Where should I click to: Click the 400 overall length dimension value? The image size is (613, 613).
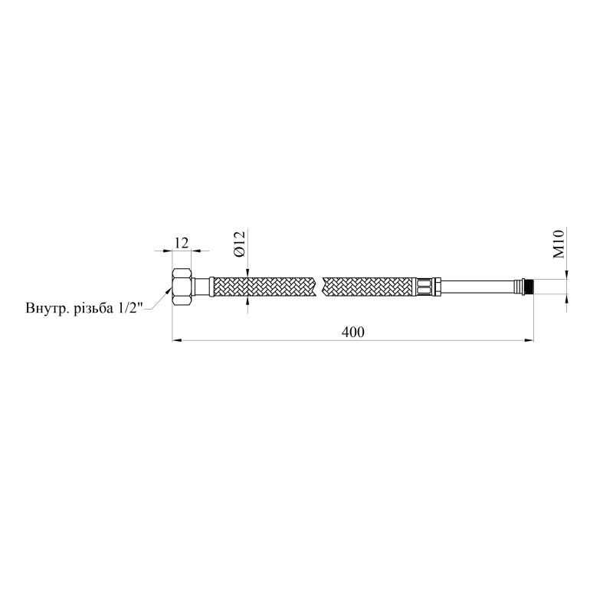point(352,332)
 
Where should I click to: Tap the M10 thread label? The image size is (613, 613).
point(559,244)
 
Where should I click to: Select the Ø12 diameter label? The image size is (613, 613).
point(239,244)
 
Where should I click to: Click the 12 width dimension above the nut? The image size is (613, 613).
point(182,243)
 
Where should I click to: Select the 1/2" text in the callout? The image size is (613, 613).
point(127,307)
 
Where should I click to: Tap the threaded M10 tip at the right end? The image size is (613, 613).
point(529,287)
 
